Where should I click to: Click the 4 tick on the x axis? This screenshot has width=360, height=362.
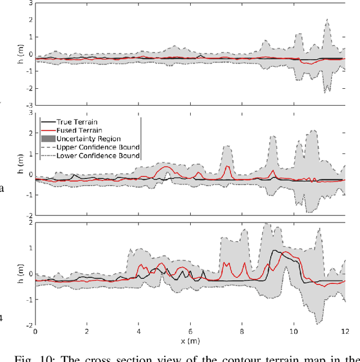(138, 332)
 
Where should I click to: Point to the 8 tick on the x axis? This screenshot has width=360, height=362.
(241, 332)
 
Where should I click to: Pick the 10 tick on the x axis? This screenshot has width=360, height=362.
(293, 332)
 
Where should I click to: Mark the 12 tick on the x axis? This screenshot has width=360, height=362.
(344, 332)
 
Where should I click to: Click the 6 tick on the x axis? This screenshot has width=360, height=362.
(190, 332)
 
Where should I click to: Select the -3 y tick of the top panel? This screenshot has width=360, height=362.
(27, 105)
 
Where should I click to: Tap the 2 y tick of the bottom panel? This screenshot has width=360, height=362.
(29, 223)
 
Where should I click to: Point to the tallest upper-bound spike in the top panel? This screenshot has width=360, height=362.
(327, 20)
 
